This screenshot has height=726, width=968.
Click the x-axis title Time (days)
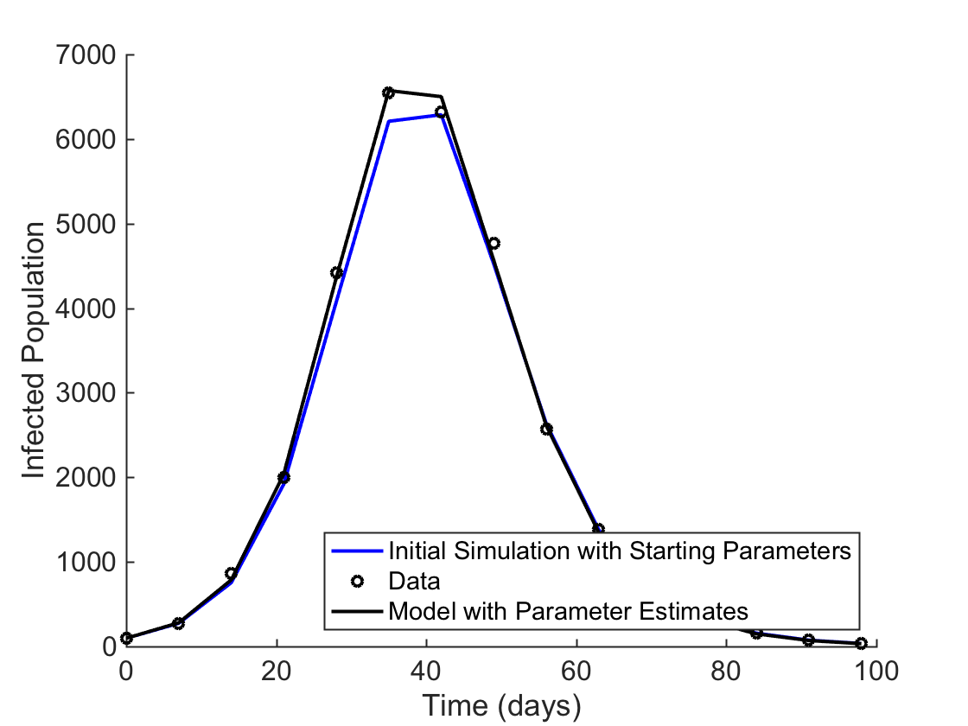[x=500, y=706]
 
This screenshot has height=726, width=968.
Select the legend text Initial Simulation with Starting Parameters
[x=621, y=551]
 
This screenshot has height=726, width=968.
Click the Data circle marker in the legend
[x=356, y=580]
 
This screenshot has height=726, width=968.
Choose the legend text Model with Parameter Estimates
[x=568, y=610]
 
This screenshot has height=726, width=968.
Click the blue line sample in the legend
[x=356, y=551]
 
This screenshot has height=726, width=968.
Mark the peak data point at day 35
[x=388, y=92]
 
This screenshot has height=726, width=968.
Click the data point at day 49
[x=494, y=243]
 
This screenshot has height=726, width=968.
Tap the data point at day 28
[x=336, y=272]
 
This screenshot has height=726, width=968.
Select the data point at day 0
[x=126, y=638]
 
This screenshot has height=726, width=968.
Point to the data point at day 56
[x=546, y=429]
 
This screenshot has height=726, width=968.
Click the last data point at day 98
[x=861, y=643]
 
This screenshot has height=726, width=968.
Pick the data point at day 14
[x=231, y=573]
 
